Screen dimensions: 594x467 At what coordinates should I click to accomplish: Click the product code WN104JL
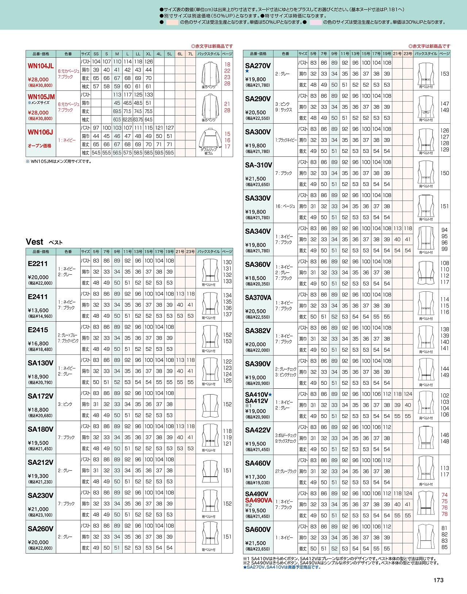[40, 66]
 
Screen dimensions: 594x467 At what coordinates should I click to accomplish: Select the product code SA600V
[258, 529]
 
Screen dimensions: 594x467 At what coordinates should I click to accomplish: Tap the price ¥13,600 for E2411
[38, 310]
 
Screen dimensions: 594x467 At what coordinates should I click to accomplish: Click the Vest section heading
[35, 242]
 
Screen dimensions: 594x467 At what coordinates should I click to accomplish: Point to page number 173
[439, 580]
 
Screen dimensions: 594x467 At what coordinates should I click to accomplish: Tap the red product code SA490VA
[259, 500]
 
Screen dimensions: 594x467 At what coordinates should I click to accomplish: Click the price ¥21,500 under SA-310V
[255, 179]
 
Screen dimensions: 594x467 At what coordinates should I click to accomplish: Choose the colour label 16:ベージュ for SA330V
[285, 206]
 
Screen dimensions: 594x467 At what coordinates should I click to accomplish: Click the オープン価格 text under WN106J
[39, 145]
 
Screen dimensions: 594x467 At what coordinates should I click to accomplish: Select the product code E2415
[38, 330]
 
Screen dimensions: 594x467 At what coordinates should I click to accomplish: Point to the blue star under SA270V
[247, 71]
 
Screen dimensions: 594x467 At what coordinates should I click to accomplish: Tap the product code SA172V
[40, 396]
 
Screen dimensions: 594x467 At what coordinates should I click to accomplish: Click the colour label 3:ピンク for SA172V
[65, 404]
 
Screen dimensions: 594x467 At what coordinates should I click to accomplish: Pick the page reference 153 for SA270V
[444, 74]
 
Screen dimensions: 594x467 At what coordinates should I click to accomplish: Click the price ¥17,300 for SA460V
[255, 477]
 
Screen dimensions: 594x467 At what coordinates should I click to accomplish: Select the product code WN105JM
[41, 97]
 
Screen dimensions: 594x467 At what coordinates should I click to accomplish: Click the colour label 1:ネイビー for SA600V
[284, 537]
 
